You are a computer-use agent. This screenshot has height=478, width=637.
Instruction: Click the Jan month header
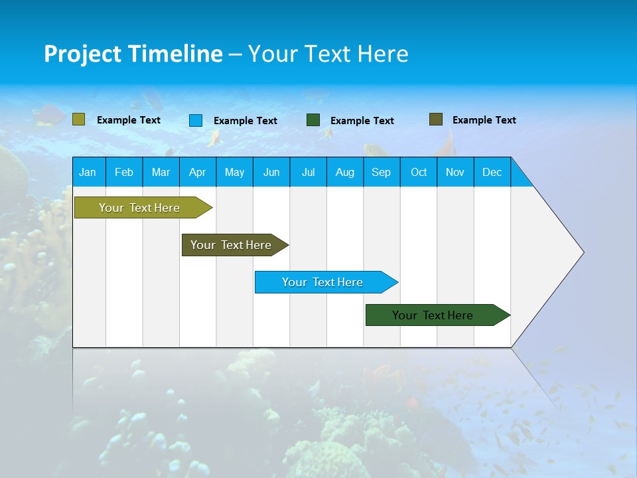tap(88, 172)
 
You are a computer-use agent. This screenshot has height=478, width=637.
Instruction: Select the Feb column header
tap(124, 172)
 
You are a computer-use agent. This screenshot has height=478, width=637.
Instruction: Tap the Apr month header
tap(198, 172)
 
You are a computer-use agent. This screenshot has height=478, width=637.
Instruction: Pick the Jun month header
tap(271, 172)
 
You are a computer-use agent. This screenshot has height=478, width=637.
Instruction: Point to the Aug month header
tap(345, 172)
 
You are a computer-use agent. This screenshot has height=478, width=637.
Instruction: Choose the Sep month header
tap(382, 172)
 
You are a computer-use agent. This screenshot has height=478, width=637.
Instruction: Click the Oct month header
tap(419, 172)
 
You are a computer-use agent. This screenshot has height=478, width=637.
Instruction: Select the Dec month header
tap(492, 172)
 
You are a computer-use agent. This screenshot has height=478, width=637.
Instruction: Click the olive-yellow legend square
tap(79, 119)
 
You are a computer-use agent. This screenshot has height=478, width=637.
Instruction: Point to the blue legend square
tap(196, 120)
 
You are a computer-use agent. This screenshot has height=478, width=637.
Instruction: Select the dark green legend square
tap(313, 120)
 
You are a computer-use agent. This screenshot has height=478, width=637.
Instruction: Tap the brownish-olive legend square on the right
tap(436, 119)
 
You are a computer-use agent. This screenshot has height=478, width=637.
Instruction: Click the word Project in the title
tap(82, 54)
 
